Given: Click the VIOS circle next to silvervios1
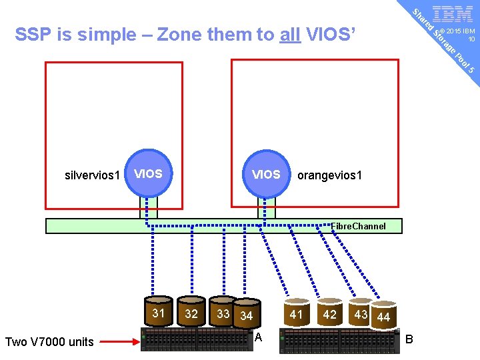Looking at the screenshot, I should [148, 175].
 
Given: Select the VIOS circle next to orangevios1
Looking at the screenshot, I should [266, 175].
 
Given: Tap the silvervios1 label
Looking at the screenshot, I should [93, 176].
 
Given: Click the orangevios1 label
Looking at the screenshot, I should [330, 176].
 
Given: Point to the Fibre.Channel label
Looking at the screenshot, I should [358, 226].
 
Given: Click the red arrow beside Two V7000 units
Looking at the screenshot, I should [120, 341].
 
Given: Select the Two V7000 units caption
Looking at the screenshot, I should [49, 342].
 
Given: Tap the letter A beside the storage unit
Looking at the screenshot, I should [259, 337].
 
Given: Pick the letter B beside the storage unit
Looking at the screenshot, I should [409, 339].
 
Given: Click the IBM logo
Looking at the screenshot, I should [453, 14].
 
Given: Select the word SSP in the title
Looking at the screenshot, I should [33, 34].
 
